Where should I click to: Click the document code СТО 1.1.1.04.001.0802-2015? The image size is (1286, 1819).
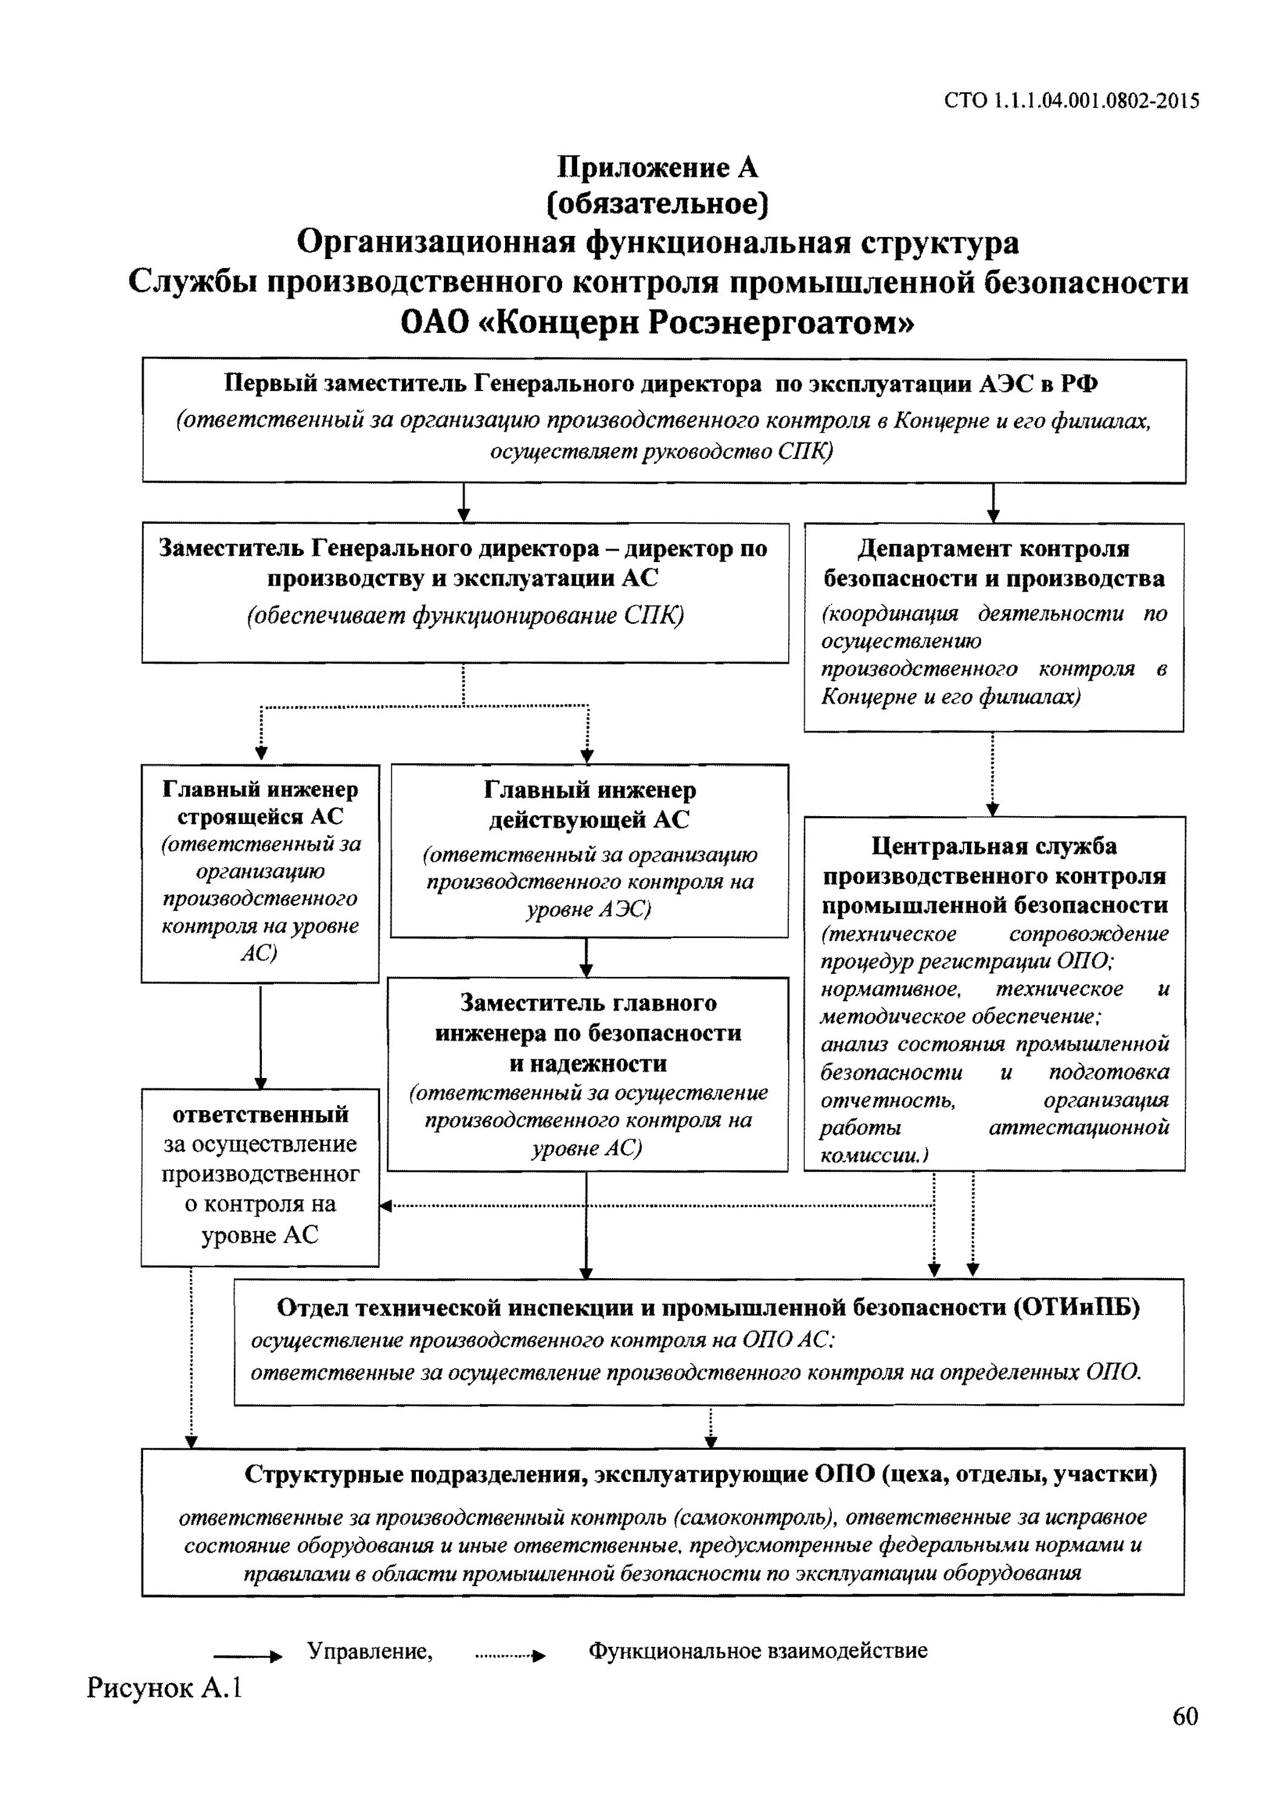click(x=1071, y=101)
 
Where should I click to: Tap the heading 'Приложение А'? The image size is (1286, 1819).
click(x=658, y=167)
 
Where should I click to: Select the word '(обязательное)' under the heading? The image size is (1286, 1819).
click(x=658, y=204)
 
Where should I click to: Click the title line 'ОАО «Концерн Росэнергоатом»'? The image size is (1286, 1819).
click(x=658, y=323)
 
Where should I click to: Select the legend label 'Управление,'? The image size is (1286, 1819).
click(x=370, y=1650)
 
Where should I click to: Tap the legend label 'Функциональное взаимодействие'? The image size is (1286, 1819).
click(x=757, y=1650)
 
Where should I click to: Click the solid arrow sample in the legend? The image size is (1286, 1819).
click(x=247, y=1656)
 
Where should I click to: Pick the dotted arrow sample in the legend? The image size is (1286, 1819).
click(x=509, y=1656)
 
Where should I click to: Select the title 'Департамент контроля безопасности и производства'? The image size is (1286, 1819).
click(x=994, y=563)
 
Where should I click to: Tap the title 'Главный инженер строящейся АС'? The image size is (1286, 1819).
click(x=260, y=803)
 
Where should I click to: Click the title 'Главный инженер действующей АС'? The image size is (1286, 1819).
click(x=589, y=804)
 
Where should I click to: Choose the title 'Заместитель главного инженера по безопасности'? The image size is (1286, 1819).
click(x=588, y=1033)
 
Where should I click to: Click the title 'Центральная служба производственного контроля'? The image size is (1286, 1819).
click(x=994, y=875)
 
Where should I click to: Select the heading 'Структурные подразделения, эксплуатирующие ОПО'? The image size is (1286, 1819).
click(x=700, y=1475)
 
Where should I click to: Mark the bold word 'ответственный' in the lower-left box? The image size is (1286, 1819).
click(x=260, y=1114)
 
